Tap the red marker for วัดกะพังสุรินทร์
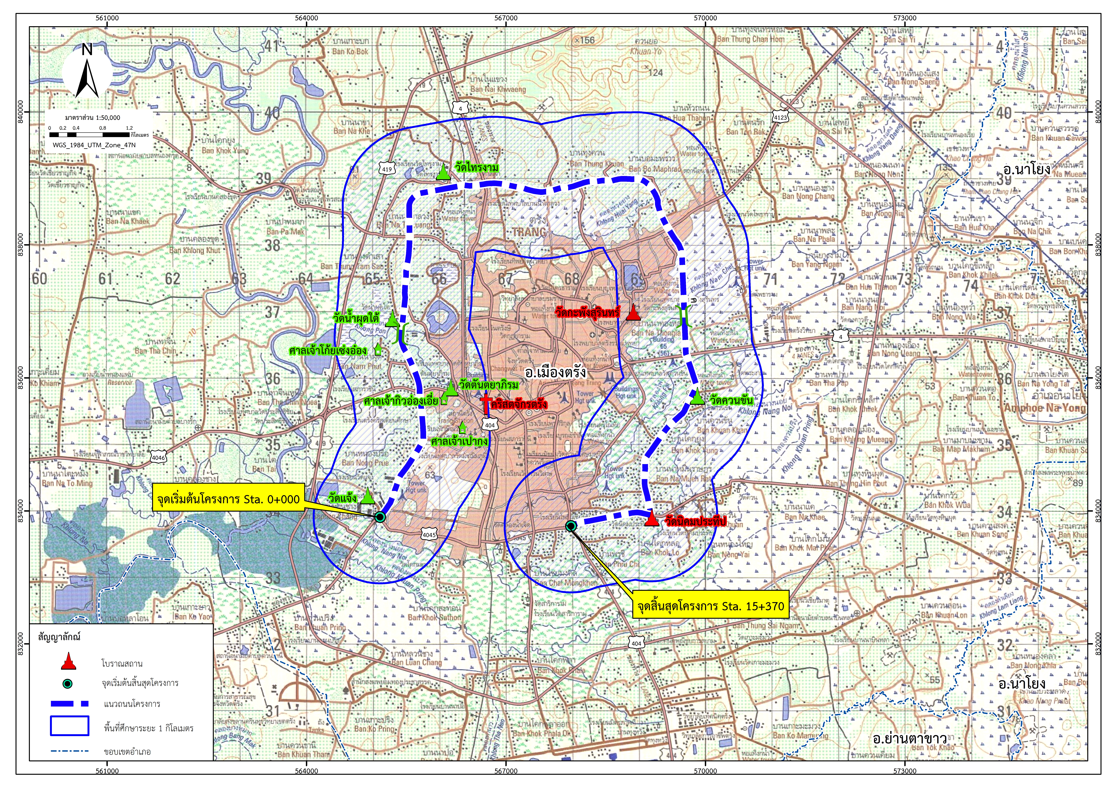click(632, 312)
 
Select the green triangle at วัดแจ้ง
click(368, 496)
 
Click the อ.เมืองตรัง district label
click(555, 373)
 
